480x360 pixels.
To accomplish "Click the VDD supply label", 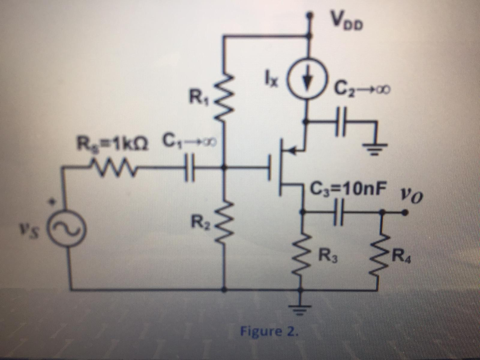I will click(x=346, y=20).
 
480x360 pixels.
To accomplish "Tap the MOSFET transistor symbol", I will click(x=286, y=166).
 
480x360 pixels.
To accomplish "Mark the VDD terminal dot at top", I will click(x=308, y=16).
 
